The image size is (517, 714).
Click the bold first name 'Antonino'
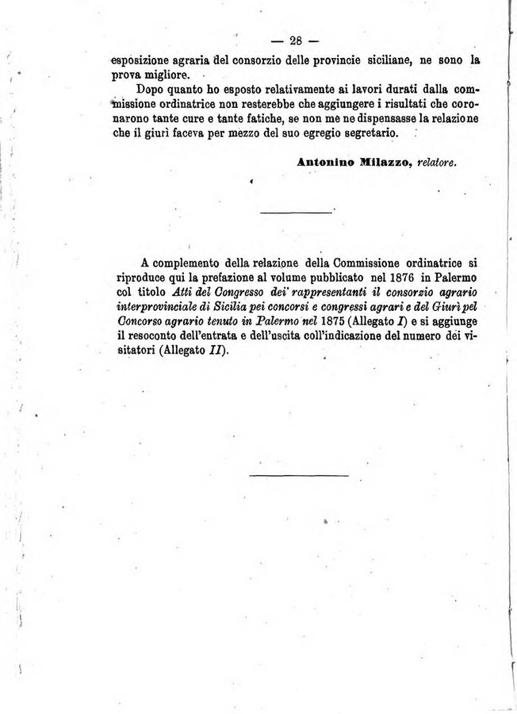click(x=325, y=162)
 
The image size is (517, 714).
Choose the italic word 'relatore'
click(x=438, y=162)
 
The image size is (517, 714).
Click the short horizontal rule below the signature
click(x=296, y=212)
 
